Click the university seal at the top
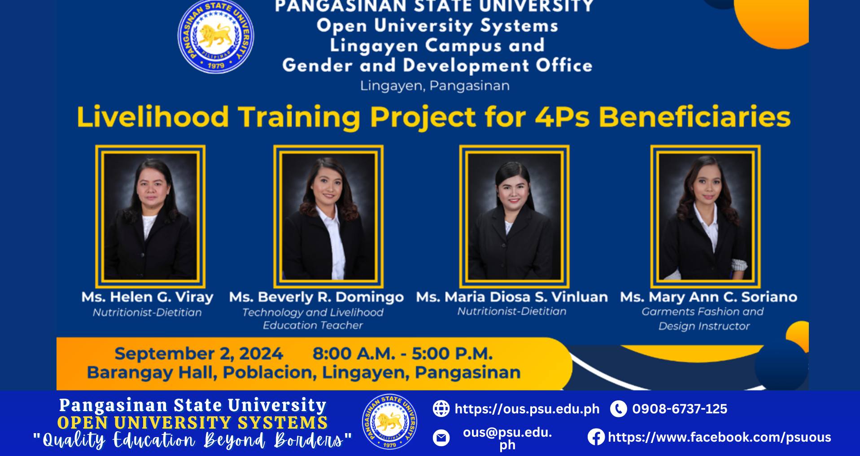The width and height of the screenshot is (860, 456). pos(216,37)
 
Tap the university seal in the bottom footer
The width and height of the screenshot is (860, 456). pos(389,422)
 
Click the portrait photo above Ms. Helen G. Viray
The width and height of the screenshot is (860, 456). pos(150,216)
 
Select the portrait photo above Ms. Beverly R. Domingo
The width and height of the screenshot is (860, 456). pos(328,216)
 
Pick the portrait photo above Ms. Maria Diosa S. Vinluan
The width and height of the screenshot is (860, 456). pos(514,216)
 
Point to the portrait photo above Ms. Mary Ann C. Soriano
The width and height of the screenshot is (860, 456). pos(706,216)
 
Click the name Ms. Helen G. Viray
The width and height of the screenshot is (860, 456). pos(147,297)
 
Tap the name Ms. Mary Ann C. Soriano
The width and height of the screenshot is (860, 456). pos(708,297)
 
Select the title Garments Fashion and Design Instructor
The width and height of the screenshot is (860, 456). pos(703,319)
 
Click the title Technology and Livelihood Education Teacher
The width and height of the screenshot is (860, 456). pos(313,319)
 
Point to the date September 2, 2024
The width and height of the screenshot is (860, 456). pos(199,354)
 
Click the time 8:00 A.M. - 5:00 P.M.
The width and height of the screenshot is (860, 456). pos(402,354)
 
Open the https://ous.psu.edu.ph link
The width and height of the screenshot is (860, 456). pos(527,409)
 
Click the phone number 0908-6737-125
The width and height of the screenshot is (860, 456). pos(680,409)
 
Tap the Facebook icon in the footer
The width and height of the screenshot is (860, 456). pos(596,437)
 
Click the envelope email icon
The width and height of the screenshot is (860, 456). pos(441,438)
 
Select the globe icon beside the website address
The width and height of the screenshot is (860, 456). pos(441,408)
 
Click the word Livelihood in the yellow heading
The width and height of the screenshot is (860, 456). pos(153,117)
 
